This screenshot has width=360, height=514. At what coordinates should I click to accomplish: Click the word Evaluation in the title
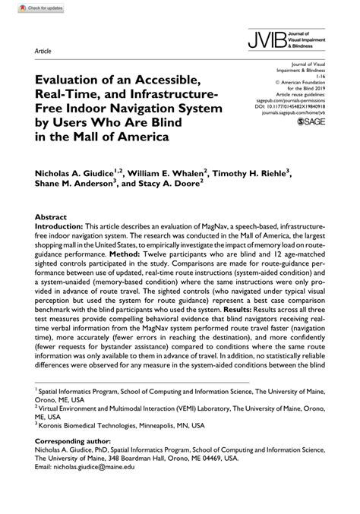(x=67, y=78)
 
